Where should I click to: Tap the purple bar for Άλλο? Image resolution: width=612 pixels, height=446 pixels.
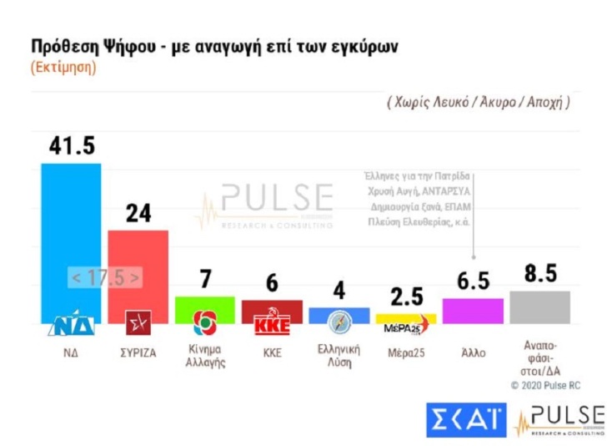pos(473,311)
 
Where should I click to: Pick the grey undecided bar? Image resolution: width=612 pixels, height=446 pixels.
pos(539,307)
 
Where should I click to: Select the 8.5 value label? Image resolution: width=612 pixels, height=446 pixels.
pos(539,273)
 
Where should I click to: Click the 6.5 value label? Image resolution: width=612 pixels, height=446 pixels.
pos(473,281)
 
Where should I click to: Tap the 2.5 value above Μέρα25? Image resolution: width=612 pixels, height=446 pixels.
pos(406,296)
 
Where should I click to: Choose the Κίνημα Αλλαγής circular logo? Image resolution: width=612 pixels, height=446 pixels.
pos(204,323)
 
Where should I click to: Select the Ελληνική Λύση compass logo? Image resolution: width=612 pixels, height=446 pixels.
pos(339,322)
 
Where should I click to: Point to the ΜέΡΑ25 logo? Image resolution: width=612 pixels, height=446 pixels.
pos(406,325)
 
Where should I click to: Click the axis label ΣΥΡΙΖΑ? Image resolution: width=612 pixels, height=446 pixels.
pos(138,352)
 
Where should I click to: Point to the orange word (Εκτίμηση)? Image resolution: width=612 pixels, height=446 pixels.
pos(63,67)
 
